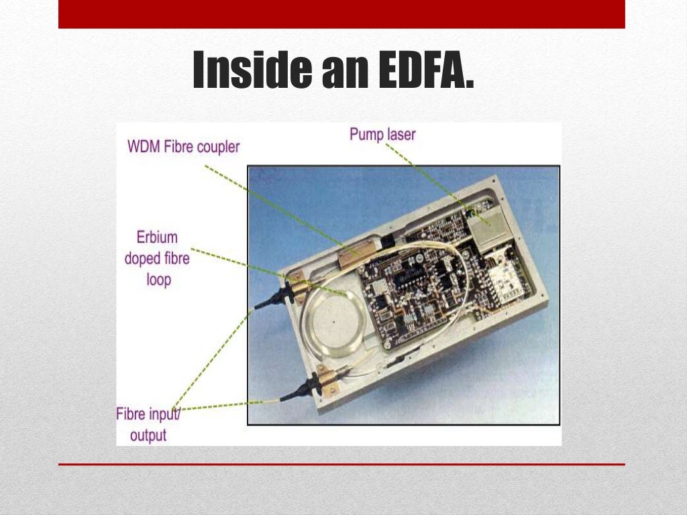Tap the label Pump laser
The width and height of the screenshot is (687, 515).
[382, 134]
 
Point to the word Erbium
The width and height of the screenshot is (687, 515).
[158, 237]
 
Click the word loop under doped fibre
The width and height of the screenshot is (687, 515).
[158, 279]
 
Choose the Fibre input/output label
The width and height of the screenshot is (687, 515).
[148, 424]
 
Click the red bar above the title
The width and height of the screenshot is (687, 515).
[341, 14]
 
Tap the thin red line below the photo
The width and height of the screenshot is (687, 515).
[341, 464]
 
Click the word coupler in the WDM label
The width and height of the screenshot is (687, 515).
[216, 146]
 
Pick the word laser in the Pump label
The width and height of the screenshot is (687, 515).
[401, 134]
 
